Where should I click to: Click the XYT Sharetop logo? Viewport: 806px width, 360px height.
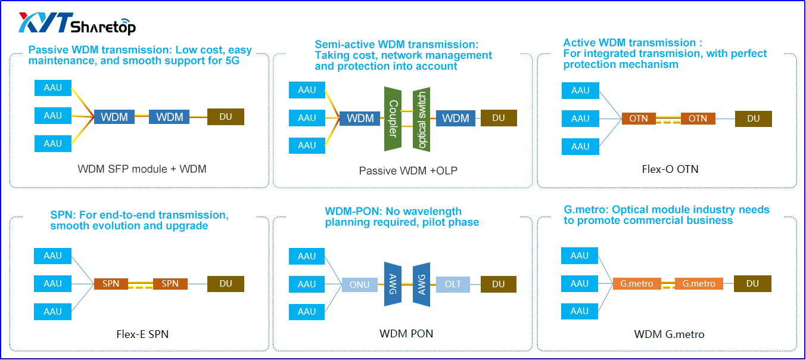(x=77, y=23)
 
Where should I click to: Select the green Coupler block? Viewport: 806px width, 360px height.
(x=393, y=119)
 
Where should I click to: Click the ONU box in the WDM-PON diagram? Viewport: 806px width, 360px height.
(x=359, y=284)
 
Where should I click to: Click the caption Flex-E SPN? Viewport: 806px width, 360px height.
(x=142, y=334)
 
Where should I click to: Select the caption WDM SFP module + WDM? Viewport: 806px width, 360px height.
(x=142, y=169)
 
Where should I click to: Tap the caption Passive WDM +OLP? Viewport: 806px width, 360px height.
(x=408, y=171)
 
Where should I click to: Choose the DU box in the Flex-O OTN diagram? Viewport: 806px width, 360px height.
(x=753, y=119)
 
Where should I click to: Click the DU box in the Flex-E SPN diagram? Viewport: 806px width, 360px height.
(x=226, y=284)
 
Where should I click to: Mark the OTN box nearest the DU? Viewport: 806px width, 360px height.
(x=698, y=119)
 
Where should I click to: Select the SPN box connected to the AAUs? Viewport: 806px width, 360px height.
(x=111, y=284)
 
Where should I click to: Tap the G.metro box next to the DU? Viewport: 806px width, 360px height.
(x=699, y=284)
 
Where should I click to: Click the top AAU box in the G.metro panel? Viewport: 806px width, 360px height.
(x=579, y=256)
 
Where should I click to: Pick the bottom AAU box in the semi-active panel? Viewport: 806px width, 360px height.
(x=307, y=145)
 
